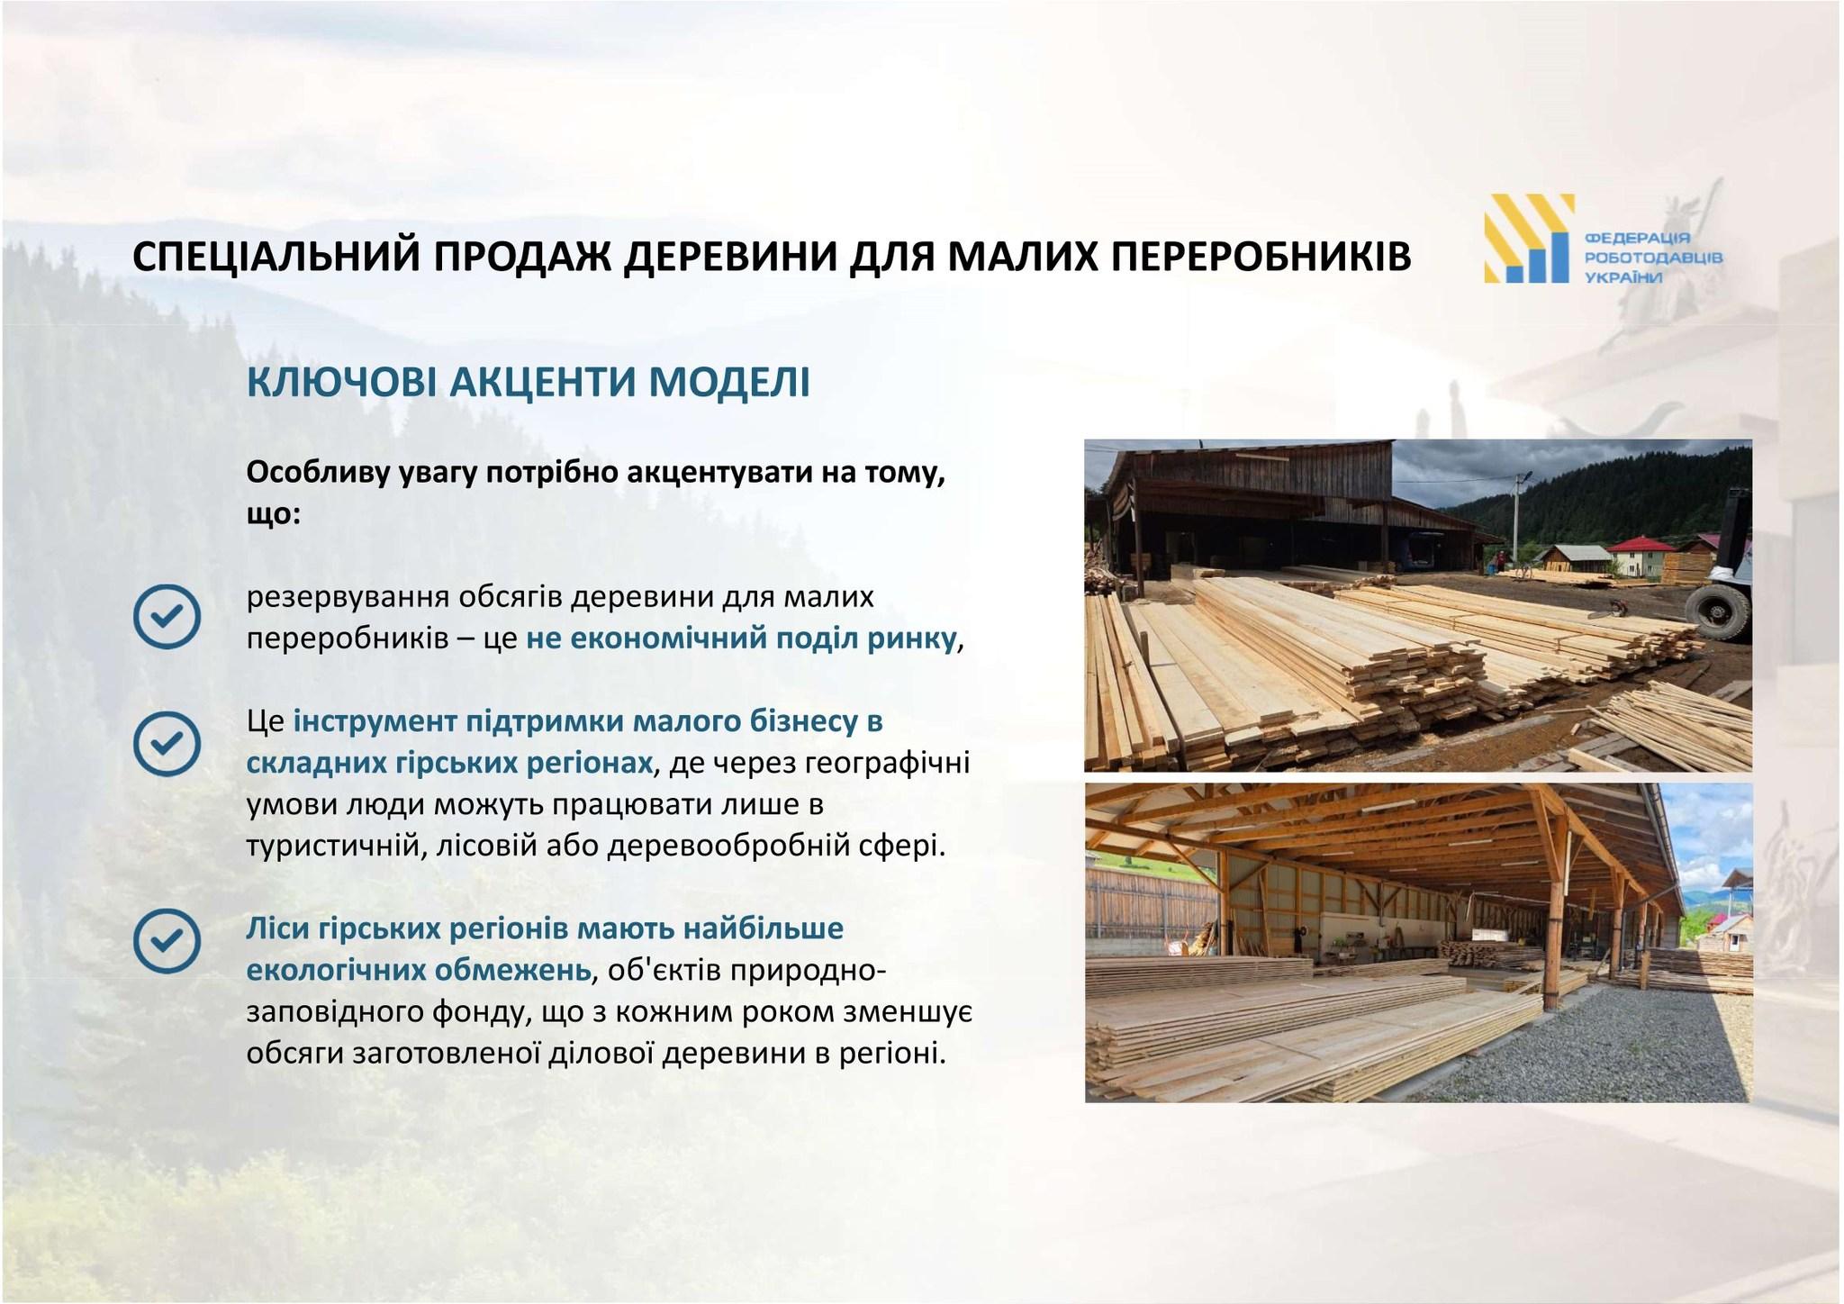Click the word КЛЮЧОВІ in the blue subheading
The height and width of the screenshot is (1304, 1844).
[341, 382]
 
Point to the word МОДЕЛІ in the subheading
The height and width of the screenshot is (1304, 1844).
[730, 382]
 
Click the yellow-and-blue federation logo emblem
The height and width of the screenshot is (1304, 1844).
[1530, 239]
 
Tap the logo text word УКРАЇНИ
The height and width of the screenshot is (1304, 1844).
[1623, 277]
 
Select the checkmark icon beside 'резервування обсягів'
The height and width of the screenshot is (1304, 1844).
[167, 616]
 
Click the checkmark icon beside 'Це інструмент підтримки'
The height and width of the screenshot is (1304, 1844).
[167, 742]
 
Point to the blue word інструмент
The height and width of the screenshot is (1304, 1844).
[363, 721]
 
